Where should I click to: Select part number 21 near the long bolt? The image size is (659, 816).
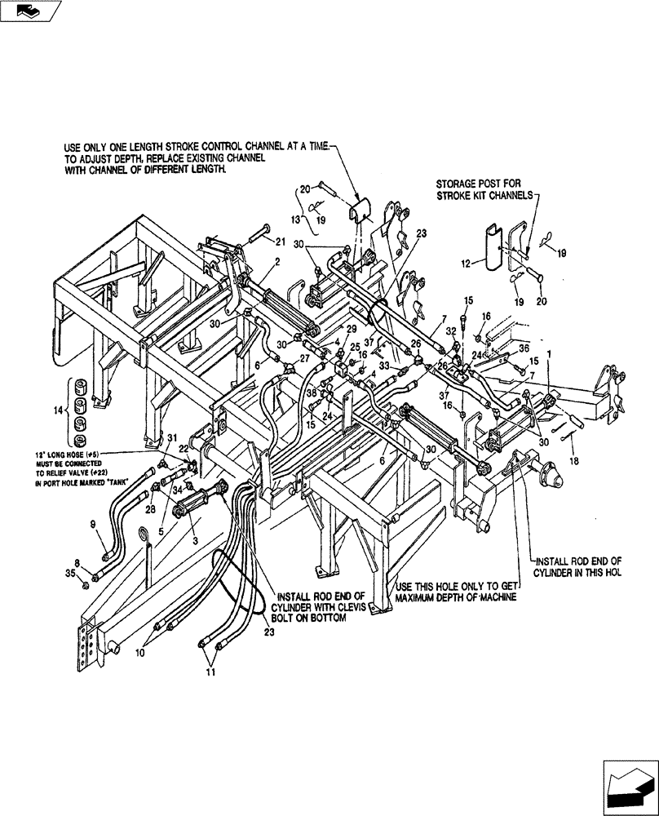point(281,242)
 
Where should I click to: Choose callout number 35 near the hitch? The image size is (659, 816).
point(71,576)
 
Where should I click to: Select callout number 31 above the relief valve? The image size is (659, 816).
point(172,439)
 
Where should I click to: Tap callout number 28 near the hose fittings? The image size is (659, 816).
point(149,509)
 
